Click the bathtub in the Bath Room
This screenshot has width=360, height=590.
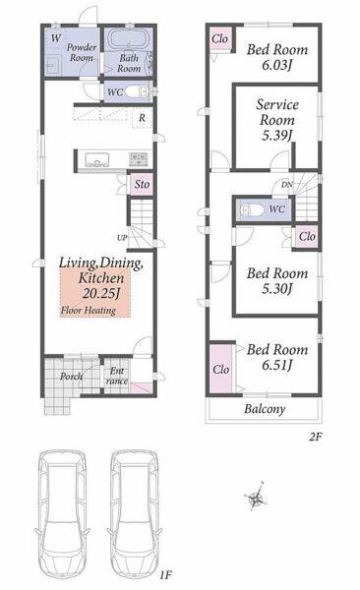point(129,39)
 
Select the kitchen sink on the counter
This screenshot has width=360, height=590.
point(97,160)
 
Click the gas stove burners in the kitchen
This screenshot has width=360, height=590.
point(139,159)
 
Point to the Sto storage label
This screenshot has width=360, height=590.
point(142,185)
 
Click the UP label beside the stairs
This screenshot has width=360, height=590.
point(122,238)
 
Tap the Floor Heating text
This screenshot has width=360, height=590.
point(89,311)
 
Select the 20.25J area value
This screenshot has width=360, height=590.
point(101,293)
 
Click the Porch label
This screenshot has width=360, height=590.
point(71,376)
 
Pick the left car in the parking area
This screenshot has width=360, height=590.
point(63,516)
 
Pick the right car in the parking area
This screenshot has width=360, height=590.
point(134,516)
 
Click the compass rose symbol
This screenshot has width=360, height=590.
point(256,497)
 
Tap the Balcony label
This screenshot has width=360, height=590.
point(265,409)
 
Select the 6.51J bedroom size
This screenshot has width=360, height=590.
point(277,365)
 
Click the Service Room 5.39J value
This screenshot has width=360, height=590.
point(277,136)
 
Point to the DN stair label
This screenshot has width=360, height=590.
point(287,185)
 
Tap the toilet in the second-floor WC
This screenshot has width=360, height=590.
point(252,210)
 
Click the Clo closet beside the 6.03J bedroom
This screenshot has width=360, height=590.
point(219,38)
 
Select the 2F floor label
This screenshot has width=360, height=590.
point(315,437)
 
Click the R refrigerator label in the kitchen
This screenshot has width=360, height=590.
point(142,118)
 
